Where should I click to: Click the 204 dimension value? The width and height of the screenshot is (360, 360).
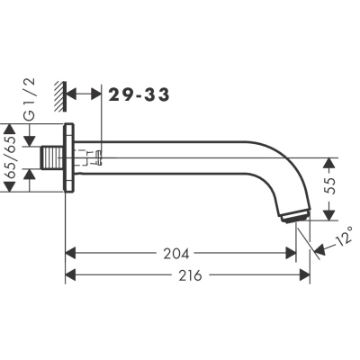(176, 254)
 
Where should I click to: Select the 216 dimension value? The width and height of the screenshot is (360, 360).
(191, 275)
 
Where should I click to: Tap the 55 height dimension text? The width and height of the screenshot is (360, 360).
(329, 186)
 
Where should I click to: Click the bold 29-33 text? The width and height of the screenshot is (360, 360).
(139, 94)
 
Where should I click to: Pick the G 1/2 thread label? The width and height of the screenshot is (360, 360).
(30, 99)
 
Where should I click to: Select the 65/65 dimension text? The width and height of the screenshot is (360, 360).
(11, 157)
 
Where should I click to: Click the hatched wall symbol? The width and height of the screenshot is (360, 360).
(60, 96)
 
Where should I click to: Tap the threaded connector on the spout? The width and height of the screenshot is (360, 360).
(52, 157)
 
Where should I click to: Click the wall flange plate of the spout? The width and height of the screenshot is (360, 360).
(69, 157)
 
